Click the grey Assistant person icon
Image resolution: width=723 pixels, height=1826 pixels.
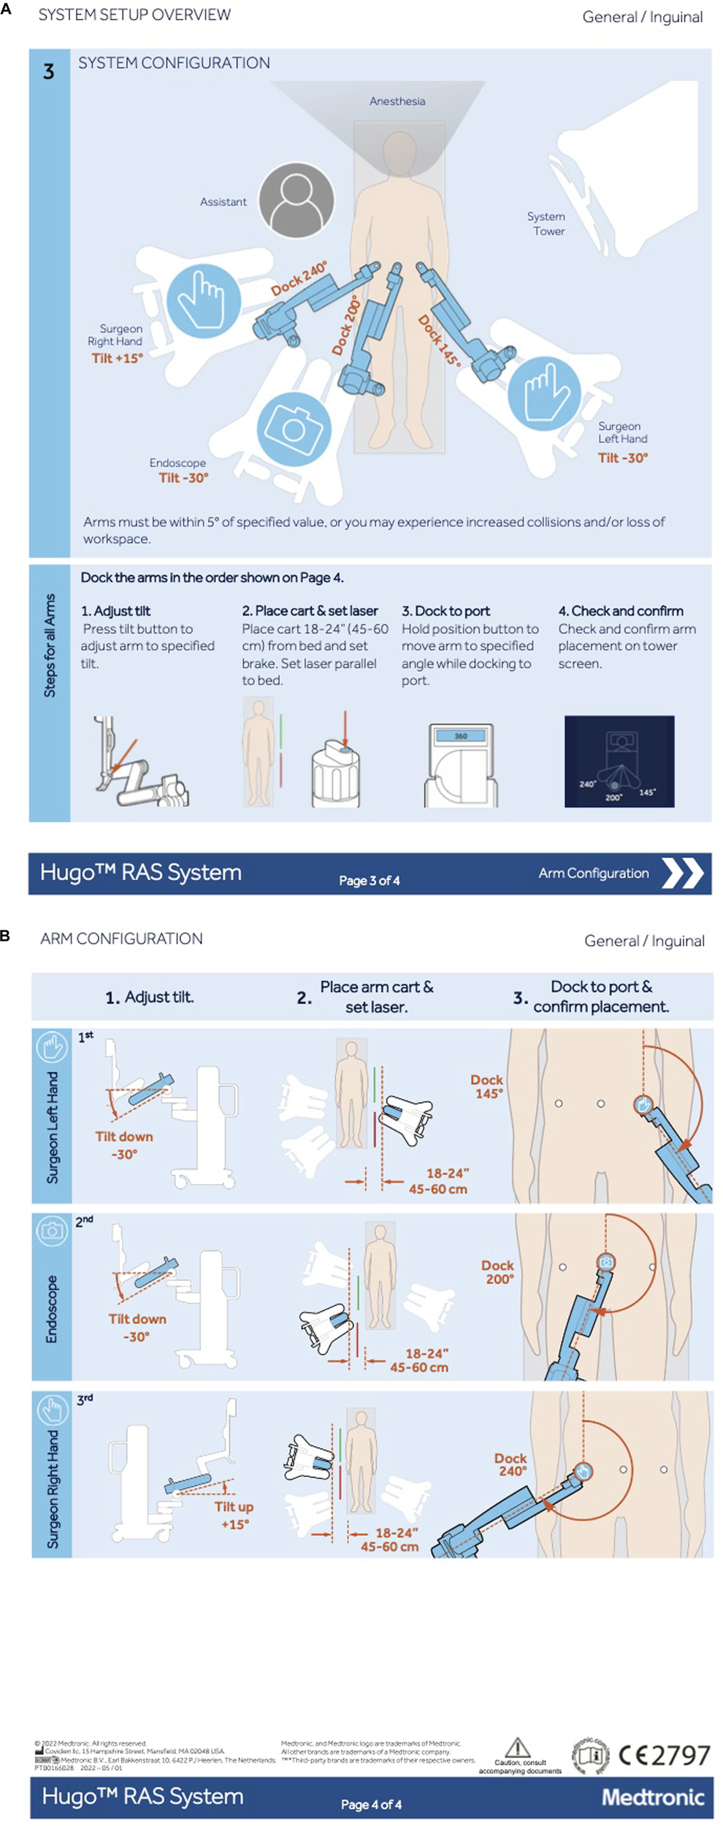coord(296,199)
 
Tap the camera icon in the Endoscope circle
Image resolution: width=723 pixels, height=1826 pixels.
coord(293,428)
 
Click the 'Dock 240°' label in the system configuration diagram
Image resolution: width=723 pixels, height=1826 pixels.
coord(299,278)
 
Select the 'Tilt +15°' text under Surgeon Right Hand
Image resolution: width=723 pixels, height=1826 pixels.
coord(117,358)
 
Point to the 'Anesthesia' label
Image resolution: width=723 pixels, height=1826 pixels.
coord(397,102)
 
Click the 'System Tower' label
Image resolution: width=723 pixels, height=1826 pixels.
coord(547,224)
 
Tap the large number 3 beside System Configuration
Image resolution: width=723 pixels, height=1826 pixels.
coord(48,72)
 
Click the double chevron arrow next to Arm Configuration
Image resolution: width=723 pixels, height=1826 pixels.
coord(681,873)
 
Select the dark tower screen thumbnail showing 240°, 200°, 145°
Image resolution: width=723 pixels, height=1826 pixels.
coord(619,761)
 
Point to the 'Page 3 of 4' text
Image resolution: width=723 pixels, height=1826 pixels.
coord(369,880)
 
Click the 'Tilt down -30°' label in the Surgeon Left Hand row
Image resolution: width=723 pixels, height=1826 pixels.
coord(124,1145)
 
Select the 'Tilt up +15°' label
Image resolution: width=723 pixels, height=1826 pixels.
coord(234,1515)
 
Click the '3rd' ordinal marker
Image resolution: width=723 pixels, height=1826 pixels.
coord(85,1399)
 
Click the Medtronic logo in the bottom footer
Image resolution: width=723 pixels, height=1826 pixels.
coord(652,1798)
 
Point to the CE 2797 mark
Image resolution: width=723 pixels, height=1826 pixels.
coord(664,1755)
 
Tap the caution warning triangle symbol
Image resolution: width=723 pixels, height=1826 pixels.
coord(517,1748)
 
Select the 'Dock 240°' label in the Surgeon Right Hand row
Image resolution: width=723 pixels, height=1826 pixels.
coord(511,1464)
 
